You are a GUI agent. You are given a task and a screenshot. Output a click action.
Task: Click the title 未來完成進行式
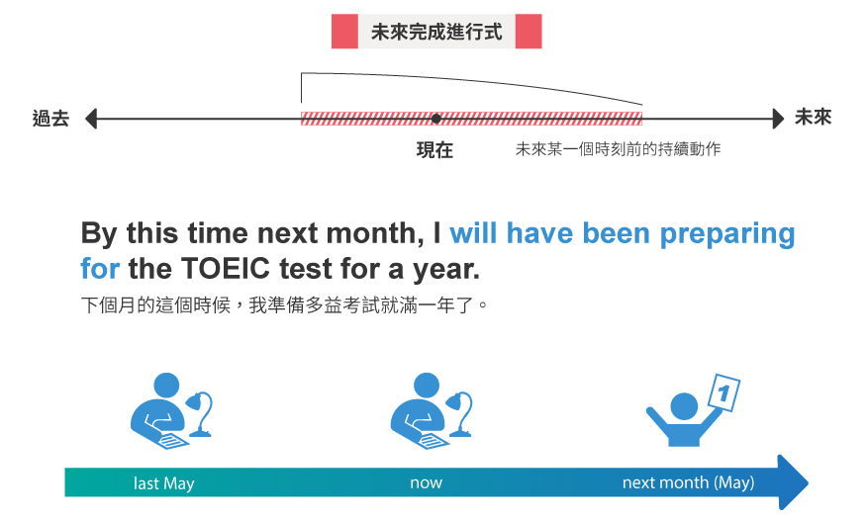pos(436,32)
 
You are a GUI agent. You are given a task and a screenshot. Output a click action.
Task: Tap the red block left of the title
pos(344,32)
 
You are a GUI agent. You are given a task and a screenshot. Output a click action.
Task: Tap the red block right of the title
pos(529,32)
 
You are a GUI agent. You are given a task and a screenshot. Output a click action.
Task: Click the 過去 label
pos(50,119)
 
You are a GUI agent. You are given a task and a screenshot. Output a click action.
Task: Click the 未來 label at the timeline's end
pos(814,118)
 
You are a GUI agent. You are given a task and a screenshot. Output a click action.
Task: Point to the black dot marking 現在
pos(436,119)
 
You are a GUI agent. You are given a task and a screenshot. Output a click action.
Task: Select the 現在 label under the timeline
pos(434,150)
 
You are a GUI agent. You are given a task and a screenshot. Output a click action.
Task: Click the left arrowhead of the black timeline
pos(91,119)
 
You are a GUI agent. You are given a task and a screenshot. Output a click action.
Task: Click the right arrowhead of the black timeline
pos(778,119)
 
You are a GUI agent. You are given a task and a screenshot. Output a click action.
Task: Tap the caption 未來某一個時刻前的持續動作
pos(619,149)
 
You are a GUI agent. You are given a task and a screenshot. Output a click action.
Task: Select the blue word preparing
pos(727,234)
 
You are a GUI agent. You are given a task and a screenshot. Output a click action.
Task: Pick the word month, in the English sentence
pos(375,233)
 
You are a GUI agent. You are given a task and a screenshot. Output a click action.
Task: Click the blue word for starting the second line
pos(100,269)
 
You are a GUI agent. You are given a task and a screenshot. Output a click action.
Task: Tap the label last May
pos(164,483)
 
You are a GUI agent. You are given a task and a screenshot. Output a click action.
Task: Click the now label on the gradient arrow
pos(427,483)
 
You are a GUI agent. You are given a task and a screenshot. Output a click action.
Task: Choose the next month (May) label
pos(688,483)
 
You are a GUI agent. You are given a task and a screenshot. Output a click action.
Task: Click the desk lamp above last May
pos(200,414)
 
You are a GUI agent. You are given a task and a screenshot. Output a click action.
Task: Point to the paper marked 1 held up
pos(724,392)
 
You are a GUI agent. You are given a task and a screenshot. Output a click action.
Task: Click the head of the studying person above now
pos(427,385)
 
